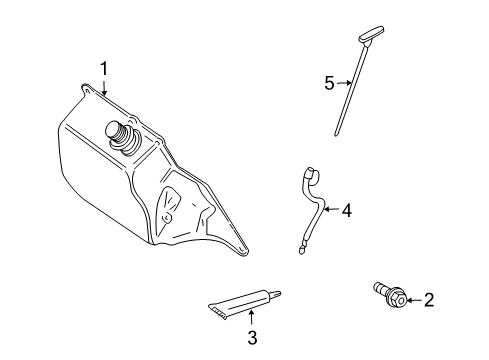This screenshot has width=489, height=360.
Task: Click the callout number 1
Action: point(104,69)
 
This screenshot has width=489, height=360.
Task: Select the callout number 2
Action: point(429,300)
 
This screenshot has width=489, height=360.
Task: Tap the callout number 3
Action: point(252,338)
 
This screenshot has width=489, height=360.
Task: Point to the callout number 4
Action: point(347,211)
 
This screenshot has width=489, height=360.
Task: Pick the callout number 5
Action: point(329,83)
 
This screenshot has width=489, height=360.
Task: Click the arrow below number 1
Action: point(104,88)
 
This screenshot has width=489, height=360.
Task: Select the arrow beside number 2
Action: point(414,300)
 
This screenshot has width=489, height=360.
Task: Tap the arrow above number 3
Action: point(252,317)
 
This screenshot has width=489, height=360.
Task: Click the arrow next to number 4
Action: point(332,209)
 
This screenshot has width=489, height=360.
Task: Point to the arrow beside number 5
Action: point(344,83)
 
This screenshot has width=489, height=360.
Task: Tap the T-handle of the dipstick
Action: point(371,34)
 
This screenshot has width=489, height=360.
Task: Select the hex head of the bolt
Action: point(397,298)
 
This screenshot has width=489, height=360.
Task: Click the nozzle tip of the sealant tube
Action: point(276,293)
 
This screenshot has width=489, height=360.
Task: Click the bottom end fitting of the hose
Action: point(302,250)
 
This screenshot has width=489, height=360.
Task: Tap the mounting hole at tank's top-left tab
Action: point(87,90)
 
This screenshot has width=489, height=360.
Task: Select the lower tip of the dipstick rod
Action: point(336,134)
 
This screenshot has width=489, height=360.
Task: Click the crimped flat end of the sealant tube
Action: point(217,310)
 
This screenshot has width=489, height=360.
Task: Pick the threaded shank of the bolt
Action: point(380,288)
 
